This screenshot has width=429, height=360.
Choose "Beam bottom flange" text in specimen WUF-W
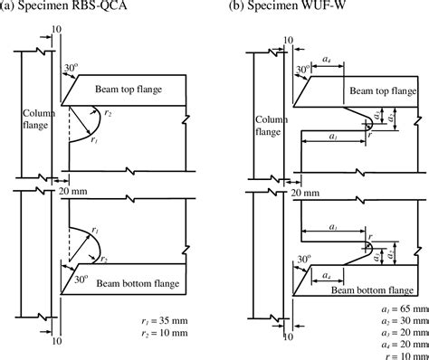[374, 267]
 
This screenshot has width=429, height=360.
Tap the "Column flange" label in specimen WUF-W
[269, 126]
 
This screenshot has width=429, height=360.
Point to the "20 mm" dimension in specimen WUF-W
[304, 193]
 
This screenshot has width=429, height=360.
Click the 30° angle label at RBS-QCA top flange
[70, 69]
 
